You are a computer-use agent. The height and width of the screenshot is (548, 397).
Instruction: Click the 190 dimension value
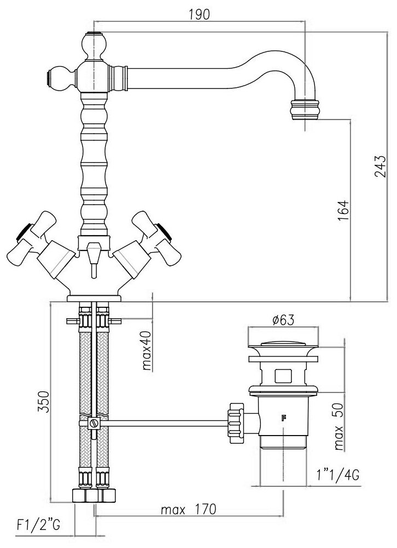click(x=200, y=15)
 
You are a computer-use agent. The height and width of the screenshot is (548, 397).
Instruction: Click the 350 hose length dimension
click(x=43, y=401)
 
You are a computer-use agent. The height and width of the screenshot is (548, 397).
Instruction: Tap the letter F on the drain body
click(x=283, y=418)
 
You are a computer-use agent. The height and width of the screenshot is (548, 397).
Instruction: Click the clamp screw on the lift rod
click(x=94, y=423)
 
